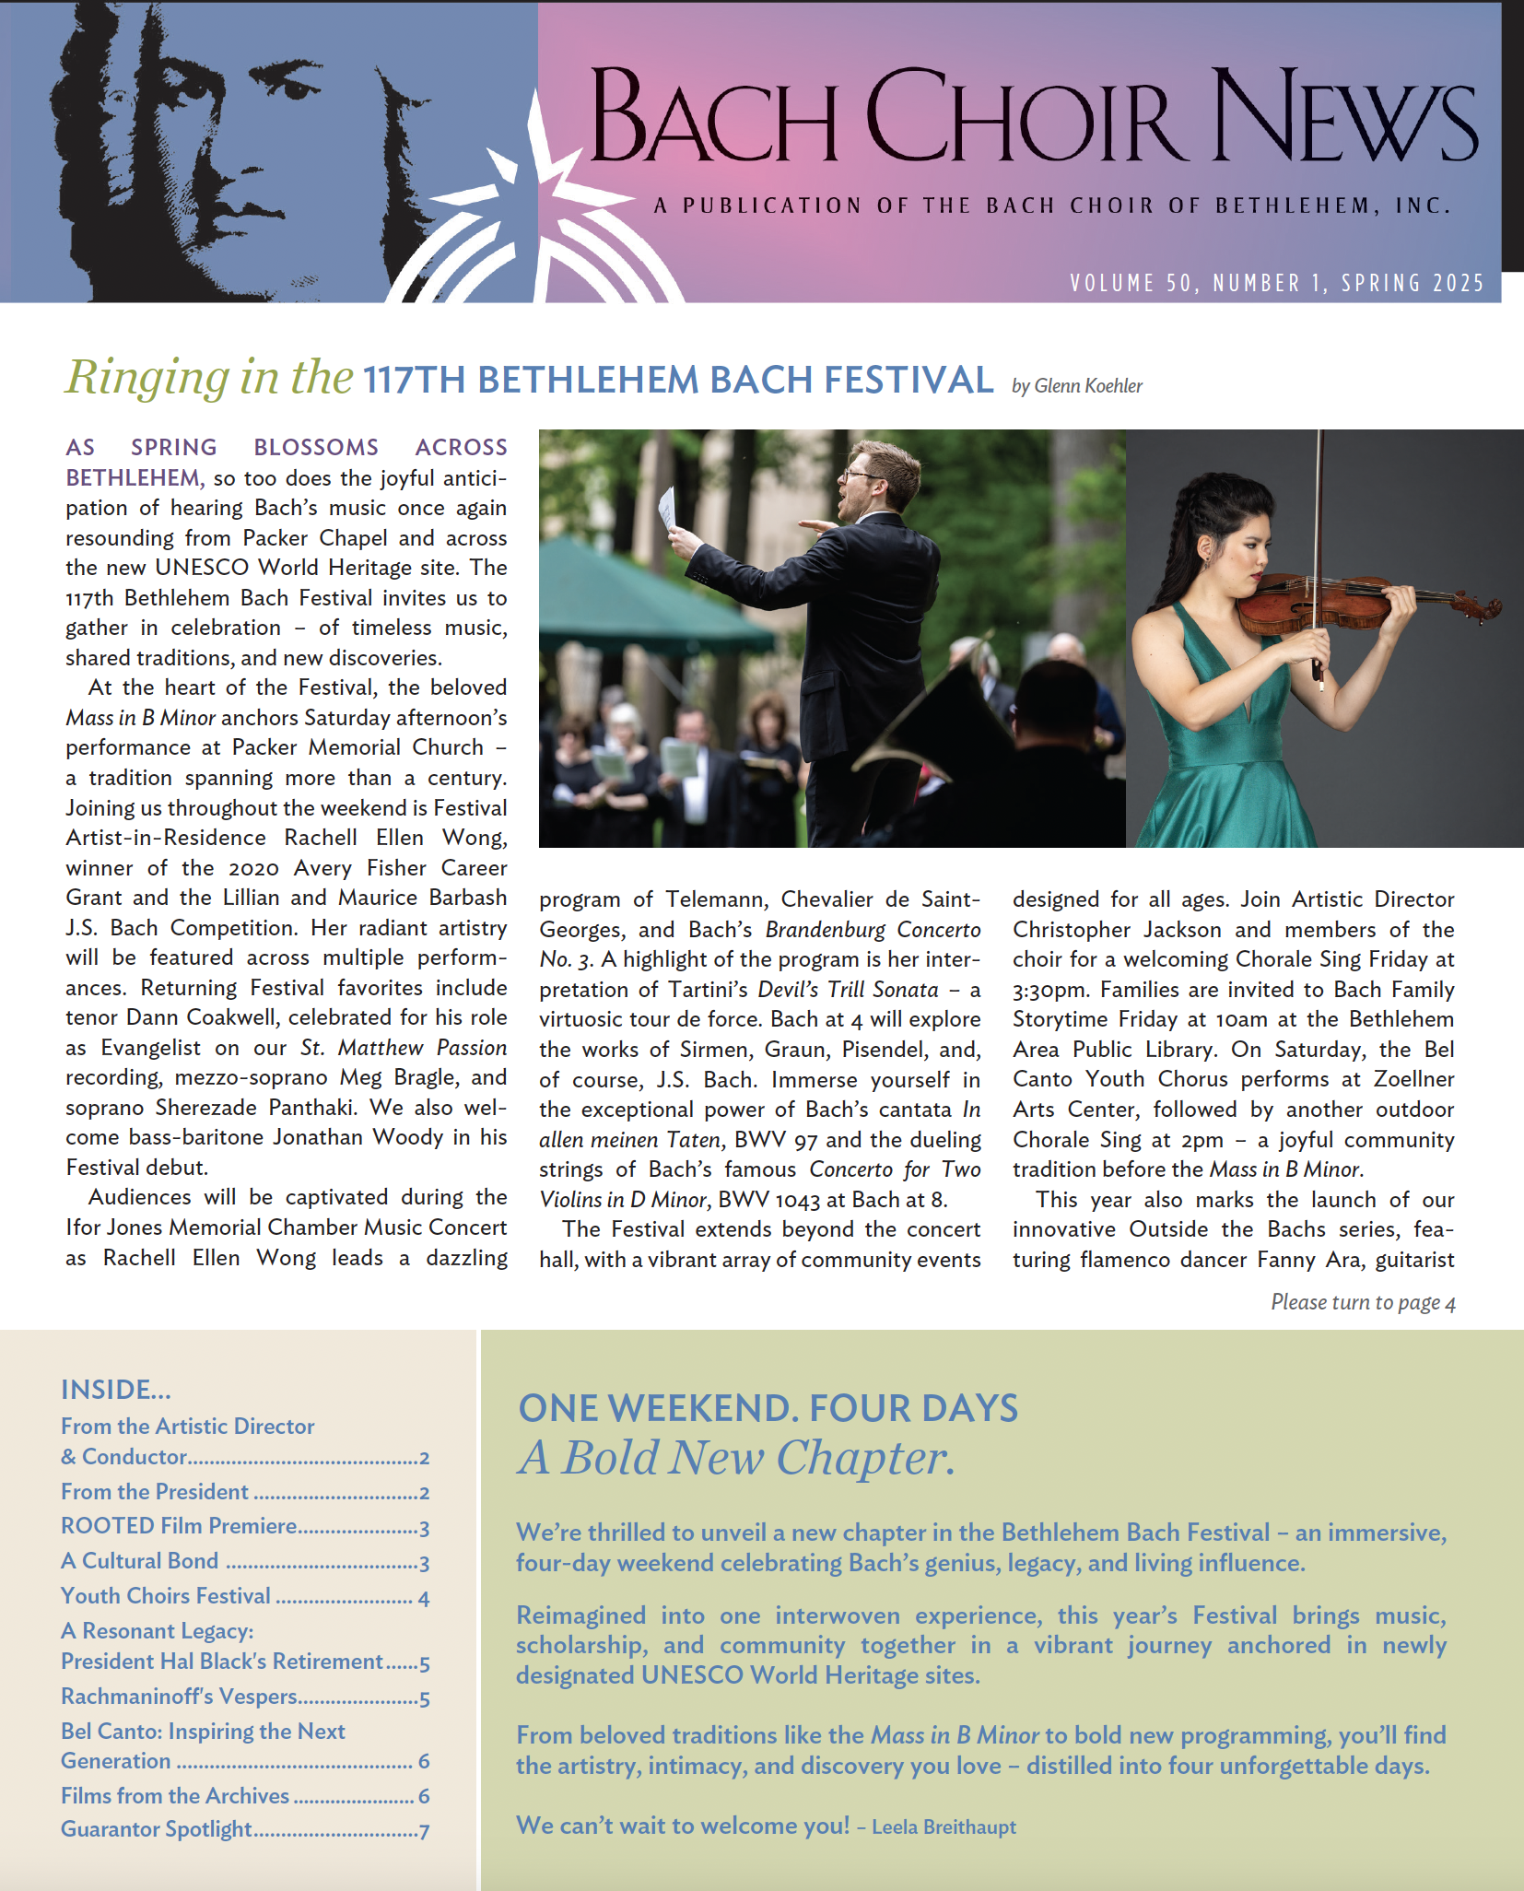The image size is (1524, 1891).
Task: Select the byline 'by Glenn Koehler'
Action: pyautogui.click(x=1076, y=386)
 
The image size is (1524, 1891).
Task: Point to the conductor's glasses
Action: pyautogui.click(x=862, y=475)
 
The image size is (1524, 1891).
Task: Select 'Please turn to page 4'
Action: pyautogui.click(x=1362, y=1302)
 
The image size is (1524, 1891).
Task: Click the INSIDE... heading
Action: pyautogui.click(x=116, y=1390)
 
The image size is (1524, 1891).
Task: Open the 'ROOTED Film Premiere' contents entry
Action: pyautogui.click(x=179, y=1526)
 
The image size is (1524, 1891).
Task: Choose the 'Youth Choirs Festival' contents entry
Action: pyautogui.click(x=166, y=1596)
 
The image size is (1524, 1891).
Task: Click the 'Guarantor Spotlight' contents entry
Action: pyautogui.click(x=157, y=1829)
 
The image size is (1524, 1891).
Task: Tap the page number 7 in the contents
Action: pyautogui.click(x=424, y=1831)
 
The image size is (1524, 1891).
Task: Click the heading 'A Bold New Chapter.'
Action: pyautogui.click(x=736, y=1459)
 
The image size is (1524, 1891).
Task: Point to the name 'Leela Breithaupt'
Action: pyautogui.click(x=944, y=1827)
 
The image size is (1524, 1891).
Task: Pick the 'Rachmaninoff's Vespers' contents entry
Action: pyautogui.click(x=179, y=1697)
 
